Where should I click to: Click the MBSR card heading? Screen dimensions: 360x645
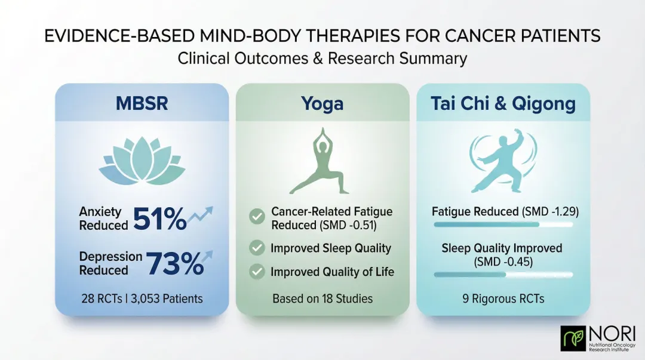click(x=142, y=103)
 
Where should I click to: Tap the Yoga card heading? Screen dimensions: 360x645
click(x=322, y=103)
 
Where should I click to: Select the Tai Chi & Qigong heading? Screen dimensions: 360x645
click(x=503, y=103)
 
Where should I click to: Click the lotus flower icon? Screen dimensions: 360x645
click(x=142, y=161)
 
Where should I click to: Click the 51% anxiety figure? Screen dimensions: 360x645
click(x=159, y=220)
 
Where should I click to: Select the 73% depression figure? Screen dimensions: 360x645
click(x=174, y=263)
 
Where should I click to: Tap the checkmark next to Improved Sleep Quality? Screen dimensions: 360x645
click(x=257, y=248)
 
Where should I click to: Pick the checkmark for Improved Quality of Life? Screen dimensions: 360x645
click(x=257, y=272)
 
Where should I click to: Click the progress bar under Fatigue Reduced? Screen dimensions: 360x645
click(x=503, y=224)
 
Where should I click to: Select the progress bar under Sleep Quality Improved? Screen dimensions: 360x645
click(x=503, y=275)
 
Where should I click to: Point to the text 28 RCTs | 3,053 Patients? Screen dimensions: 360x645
click(x=142, y=299)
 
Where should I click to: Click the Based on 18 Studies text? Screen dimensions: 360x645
click(x=322, y=299)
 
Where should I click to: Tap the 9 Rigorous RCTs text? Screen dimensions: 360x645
click(x=503, y=299)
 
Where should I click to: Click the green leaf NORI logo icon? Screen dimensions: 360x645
click(x=573, y=339)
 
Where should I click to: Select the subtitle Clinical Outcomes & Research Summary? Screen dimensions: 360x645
click(x=322, y=59)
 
